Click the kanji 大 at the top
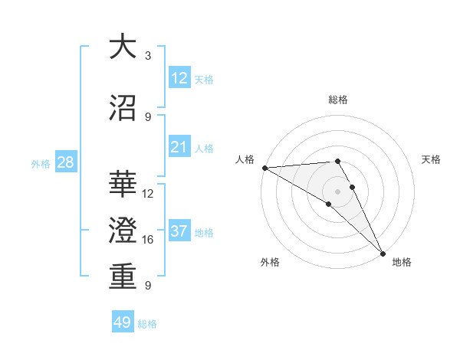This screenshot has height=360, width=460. (123, 47)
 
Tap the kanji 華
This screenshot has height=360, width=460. (123, 185)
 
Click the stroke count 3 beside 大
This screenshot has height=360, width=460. (147, 56)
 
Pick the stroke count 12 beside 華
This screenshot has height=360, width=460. (148, 194)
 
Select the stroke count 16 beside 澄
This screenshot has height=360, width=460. (148, 240)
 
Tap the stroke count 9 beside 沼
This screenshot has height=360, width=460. (147, 116)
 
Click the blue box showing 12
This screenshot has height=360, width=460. (179, 78)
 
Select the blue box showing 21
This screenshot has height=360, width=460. (179, 147)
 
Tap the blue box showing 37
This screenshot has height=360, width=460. (179, 231)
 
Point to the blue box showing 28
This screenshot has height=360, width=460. (64, 162)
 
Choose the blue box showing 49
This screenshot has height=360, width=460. (123, 322)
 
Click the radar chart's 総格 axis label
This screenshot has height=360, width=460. (338, 100)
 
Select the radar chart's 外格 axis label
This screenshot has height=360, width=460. (270, 262)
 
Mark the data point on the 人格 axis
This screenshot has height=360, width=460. (264, 168)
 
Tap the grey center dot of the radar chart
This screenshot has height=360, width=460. (337, 191)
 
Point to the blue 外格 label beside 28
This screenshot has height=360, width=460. (40, 163)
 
